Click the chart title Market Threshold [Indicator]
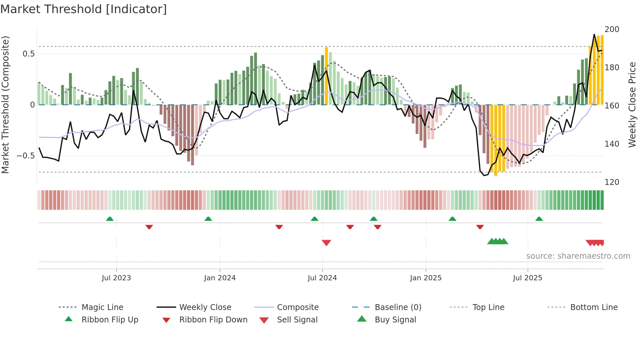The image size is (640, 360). click(84, 9)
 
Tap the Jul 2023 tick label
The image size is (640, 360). click(116, 278)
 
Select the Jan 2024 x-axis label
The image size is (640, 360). click(220, 278)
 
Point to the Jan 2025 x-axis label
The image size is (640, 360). click(426, 278)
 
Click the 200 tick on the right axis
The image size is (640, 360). click(612, 29)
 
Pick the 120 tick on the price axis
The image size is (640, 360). click(612, 182)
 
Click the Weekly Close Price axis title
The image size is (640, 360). click(632, 105)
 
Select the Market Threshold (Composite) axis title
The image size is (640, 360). click(6, 105)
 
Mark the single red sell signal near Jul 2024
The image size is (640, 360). click(326, 243)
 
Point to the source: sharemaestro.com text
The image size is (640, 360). click(578, 256)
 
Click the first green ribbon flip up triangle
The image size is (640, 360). click(110, 219)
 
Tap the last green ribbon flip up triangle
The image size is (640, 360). click(539, 219)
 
